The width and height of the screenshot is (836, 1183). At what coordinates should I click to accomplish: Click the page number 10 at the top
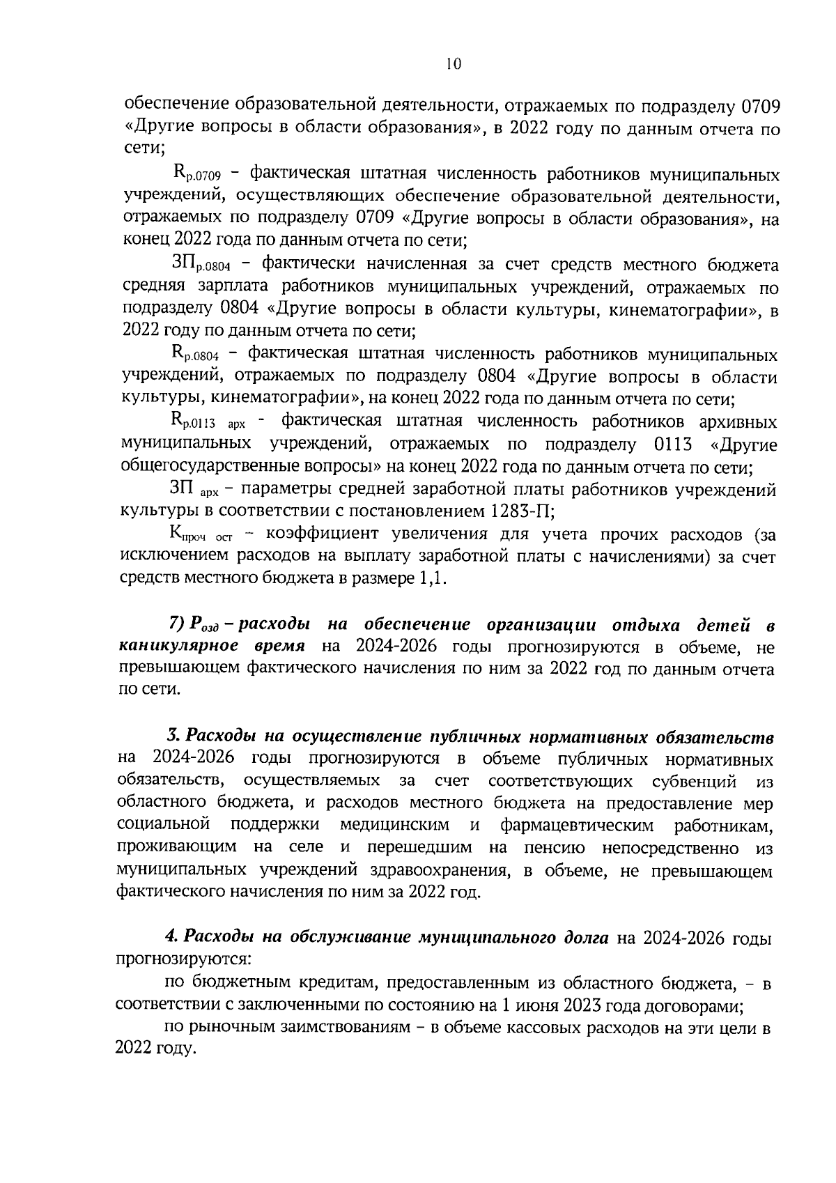point(453,64)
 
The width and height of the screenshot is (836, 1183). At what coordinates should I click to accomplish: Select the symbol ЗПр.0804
point(200,265)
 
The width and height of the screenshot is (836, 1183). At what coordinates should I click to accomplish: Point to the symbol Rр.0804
point(196,355)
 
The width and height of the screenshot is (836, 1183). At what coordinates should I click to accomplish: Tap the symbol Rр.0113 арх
point(208,422)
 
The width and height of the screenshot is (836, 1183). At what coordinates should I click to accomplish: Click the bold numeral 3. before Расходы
point(173,736)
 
